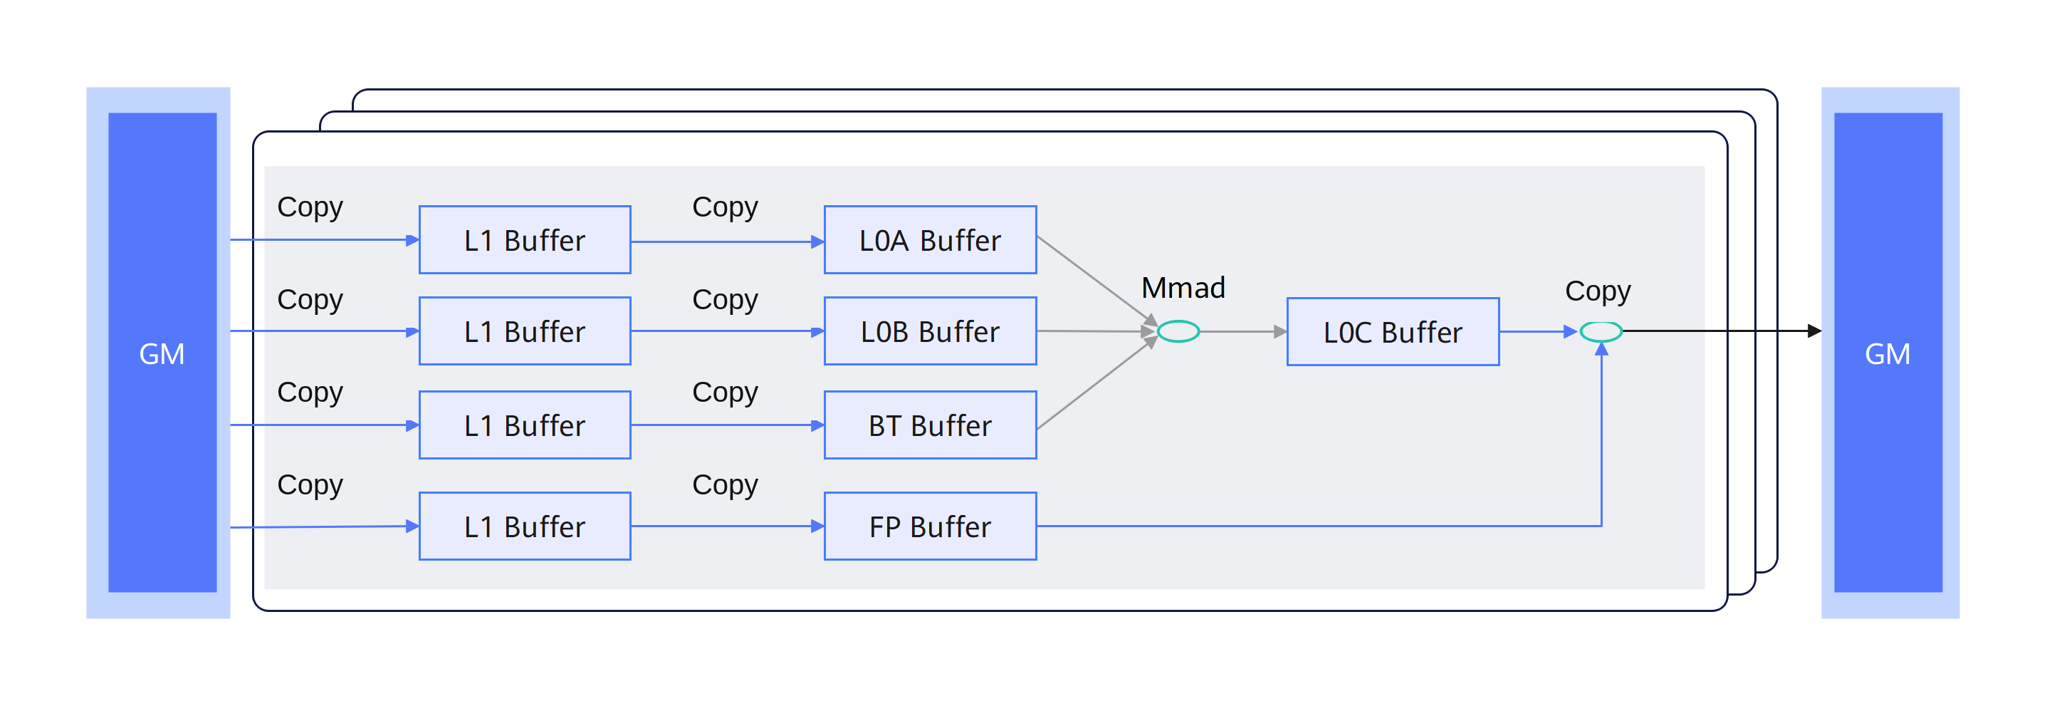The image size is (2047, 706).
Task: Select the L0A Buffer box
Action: tap(931, 240)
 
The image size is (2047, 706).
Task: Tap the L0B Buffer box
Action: tap(931, 331)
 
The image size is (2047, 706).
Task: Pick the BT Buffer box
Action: tap(931, 425)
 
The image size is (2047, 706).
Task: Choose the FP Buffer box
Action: tap(931, 526)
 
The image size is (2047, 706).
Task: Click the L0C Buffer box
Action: tap(1393, 331)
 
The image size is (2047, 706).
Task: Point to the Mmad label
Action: tap(1183, 288)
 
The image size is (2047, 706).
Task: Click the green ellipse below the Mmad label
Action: tap(1178, 331)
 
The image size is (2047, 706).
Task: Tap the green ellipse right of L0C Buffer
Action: tap(1601, 331)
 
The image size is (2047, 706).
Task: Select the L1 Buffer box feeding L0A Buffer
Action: tap(525, 240)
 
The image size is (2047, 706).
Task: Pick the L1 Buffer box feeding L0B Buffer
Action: tap(525, 331)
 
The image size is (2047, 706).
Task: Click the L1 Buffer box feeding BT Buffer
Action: tap(525, 425)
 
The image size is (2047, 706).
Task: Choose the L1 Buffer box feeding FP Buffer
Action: tap(525, 526)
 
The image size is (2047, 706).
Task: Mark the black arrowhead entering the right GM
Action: tap(1815, 331)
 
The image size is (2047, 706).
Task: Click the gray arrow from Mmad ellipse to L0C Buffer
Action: tap(1244, 331)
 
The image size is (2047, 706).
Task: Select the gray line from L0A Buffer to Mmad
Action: tap(1097, 281)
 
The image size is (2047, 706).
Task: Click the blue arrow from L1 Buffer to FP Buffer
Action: tap(728, 526)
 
